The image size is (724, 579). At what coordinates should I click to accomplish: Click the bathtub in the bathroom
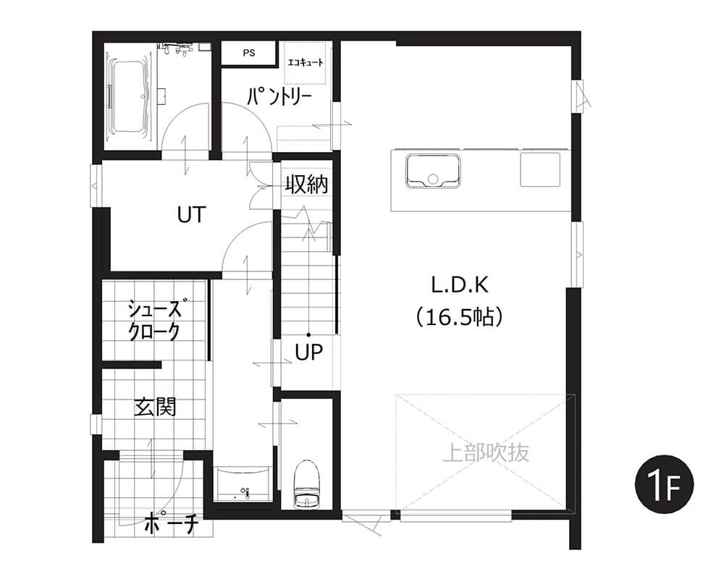130,98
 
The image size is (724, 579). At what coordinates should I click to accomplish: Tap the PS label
249,53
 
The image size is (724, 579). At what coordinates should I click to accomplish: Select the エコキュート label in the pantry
306,62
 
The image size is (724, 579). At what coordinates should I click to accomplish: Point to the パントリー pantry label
279,96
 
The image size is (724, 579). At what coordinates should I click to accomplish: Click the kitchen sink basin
433,172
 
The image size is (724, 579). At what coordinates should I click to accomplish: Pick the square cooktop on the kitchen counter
540,169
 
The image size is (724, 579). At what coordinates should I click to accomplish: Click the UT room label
191,215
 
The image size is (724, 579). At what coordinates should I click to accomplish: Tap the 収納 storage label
306,185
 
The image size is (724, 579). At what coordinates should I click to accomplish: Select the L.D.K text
460,285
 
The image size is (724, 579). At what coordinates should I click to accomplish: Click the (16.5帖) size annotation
460,317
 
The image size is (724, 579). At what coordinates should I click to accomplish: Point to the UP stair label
308,352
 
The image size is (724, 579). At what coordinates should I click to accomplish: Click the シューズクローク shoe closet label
155,320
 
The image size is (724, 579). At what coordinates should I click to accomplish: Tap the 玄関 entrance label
155,407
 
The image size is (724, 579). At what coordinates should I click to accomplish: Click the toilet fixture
306,484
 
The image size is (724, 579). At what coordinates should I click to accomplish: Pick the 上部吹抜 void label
486,452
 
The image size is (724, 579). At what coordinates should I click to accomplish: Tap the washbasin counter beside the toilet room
243,483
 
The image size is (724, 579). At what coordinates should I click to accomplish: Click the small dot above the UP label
308,335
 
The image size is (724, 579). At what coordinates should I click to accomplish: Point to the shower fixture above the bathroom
177,48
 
